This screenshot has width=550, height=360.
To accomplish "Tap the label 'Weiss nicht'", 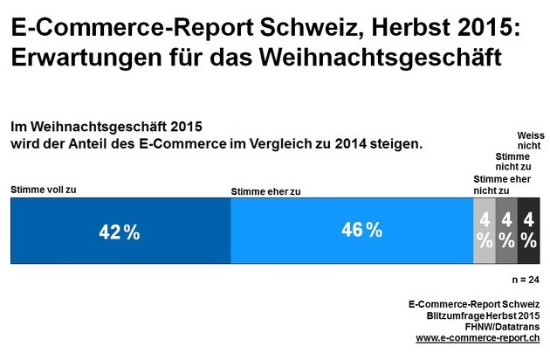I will (x=525, y=142).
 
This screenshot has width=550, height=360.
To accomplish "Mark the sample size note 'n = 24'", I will (x=526, y=280).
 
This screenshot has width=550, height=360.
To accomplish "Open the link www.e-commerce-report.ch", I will (x=478, y=337).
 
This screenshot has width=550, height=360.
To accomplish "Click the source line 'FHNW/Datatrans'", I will (x=500, y=326).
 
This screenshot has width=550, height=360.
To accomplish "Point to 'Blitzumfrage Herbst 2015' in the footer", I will (x=483, y=315).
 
